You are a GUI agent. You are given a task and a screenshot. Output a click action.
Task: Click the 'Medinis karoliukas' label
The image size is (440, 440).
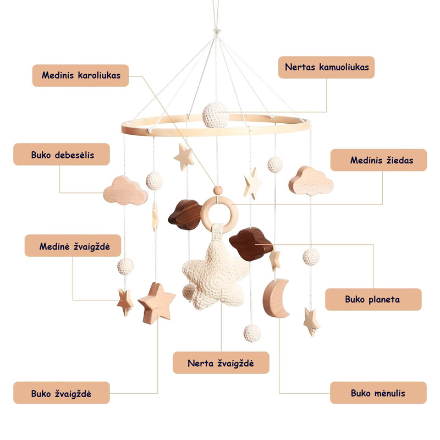point(80,75)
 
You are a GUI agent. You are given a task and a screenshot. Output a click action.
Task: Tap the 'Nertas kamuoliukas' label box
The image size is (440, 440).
point(326,67)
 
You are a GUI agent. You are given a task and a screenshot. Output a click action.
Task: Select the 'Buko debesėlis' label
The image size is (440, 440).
point(62,155)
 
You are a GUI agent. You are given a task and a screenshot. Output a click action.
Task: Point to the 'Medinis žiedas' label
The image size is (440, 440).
point(378,160)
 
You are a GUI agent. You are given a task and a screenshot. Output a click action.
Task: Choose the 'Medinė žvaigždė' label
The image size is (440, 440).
point(73,245)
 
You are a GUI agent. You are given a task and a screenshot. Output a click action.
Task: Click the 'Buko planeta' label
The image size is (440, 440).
point(373,299)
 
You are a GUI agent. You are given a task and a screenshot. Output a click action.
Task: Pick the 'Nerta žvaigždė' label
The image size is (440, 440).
point(221,362)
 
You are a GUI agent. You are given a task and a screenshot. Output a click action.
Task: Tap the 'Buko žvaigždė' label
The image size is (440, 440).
point(62,393)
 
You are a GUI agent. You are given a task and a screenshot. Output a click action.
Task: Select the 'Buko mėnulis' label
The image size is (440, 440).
point(378,393)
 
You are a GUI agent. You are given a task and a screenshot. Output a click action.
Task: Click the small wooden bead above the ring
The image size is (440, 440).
point(218,190)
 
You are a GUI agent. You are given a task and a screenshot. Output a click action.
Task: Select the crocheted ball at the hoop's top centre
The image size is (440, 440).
point(215,116)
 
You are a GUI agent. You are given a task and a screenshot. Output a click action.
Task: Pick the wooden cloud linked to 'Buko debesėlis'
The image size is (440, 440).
point(125,190)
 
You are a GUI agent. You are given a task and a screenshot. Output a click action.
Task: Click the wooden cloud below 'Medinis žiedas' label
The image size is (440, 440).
point(311,181)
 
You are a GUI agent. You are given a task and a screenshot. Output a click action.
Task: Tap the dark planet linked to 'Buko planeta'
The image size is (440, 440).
point(251,244)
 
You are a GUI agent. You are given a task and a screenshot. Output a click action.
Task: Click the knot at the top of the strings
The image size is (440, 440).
point(216,31)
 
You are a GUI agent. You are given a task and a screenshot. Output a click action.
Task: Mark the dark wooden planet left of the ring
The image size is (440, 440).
point(185,215)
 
